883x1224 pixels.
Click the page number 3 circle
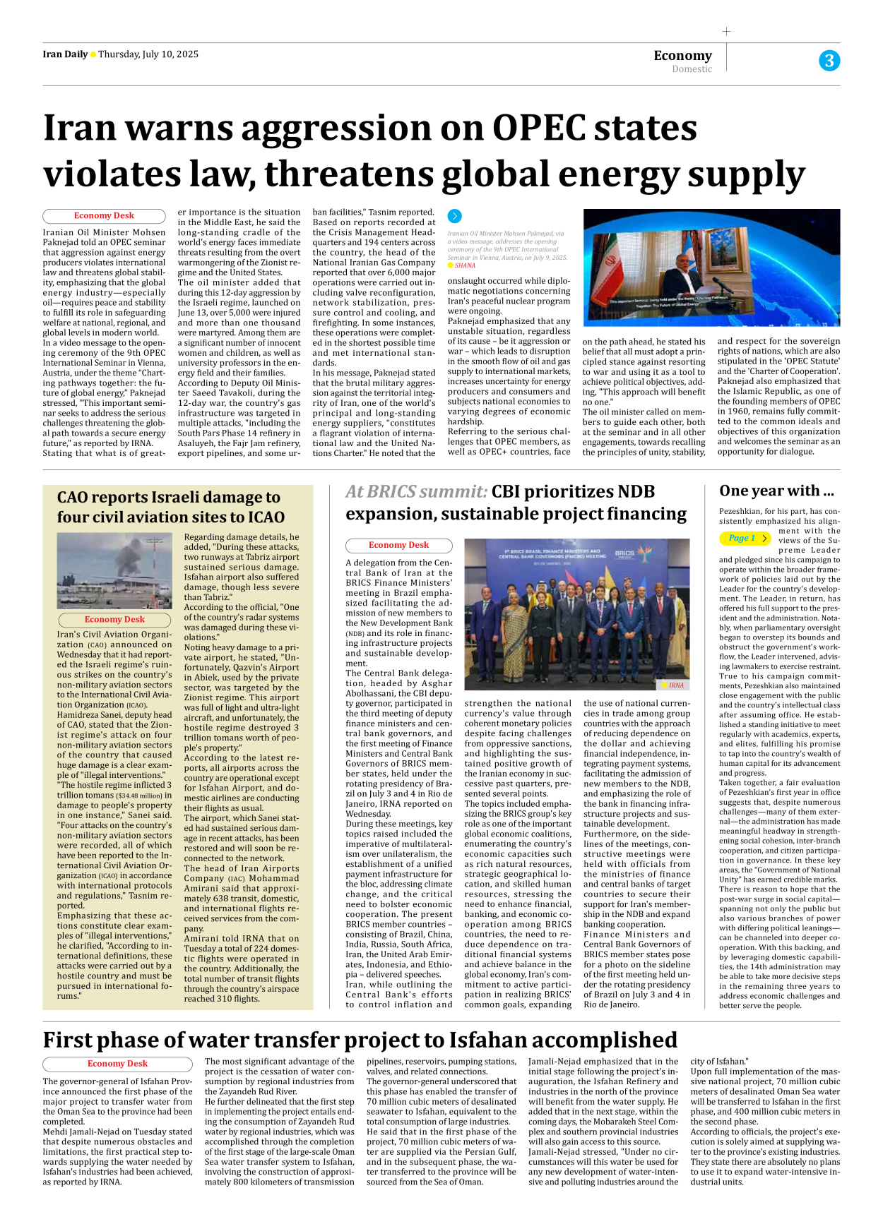pos(829,61)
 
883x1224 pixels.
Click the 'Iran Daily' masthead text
pos(65,54)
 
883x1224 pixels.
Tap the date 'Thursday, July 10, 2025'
pos(148,54)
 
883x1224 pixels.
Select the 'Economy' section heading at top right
pos(682,55)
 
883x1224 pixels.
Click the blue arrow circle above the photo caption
pos(455,216)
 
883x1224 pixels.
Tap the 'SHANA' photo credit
pos(465,266)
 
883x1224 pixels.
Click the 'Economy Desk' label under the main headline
pos(104,216)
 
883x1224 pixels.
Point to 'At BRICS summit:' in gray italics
pos(416,491)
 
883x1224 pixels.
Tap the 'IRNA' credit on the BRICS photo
pos(676,685)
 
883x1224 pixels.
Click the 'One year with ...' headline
pos(776,491)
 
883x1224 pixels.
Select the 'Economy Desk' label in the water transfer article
pos(117,1064)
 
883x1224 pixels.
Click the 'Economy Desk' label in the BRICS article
pos(398,546)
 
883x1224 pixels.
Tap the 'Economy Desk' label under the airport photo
pos(114,620)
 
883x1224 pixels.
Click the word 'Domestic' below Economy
pos(692,69)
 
